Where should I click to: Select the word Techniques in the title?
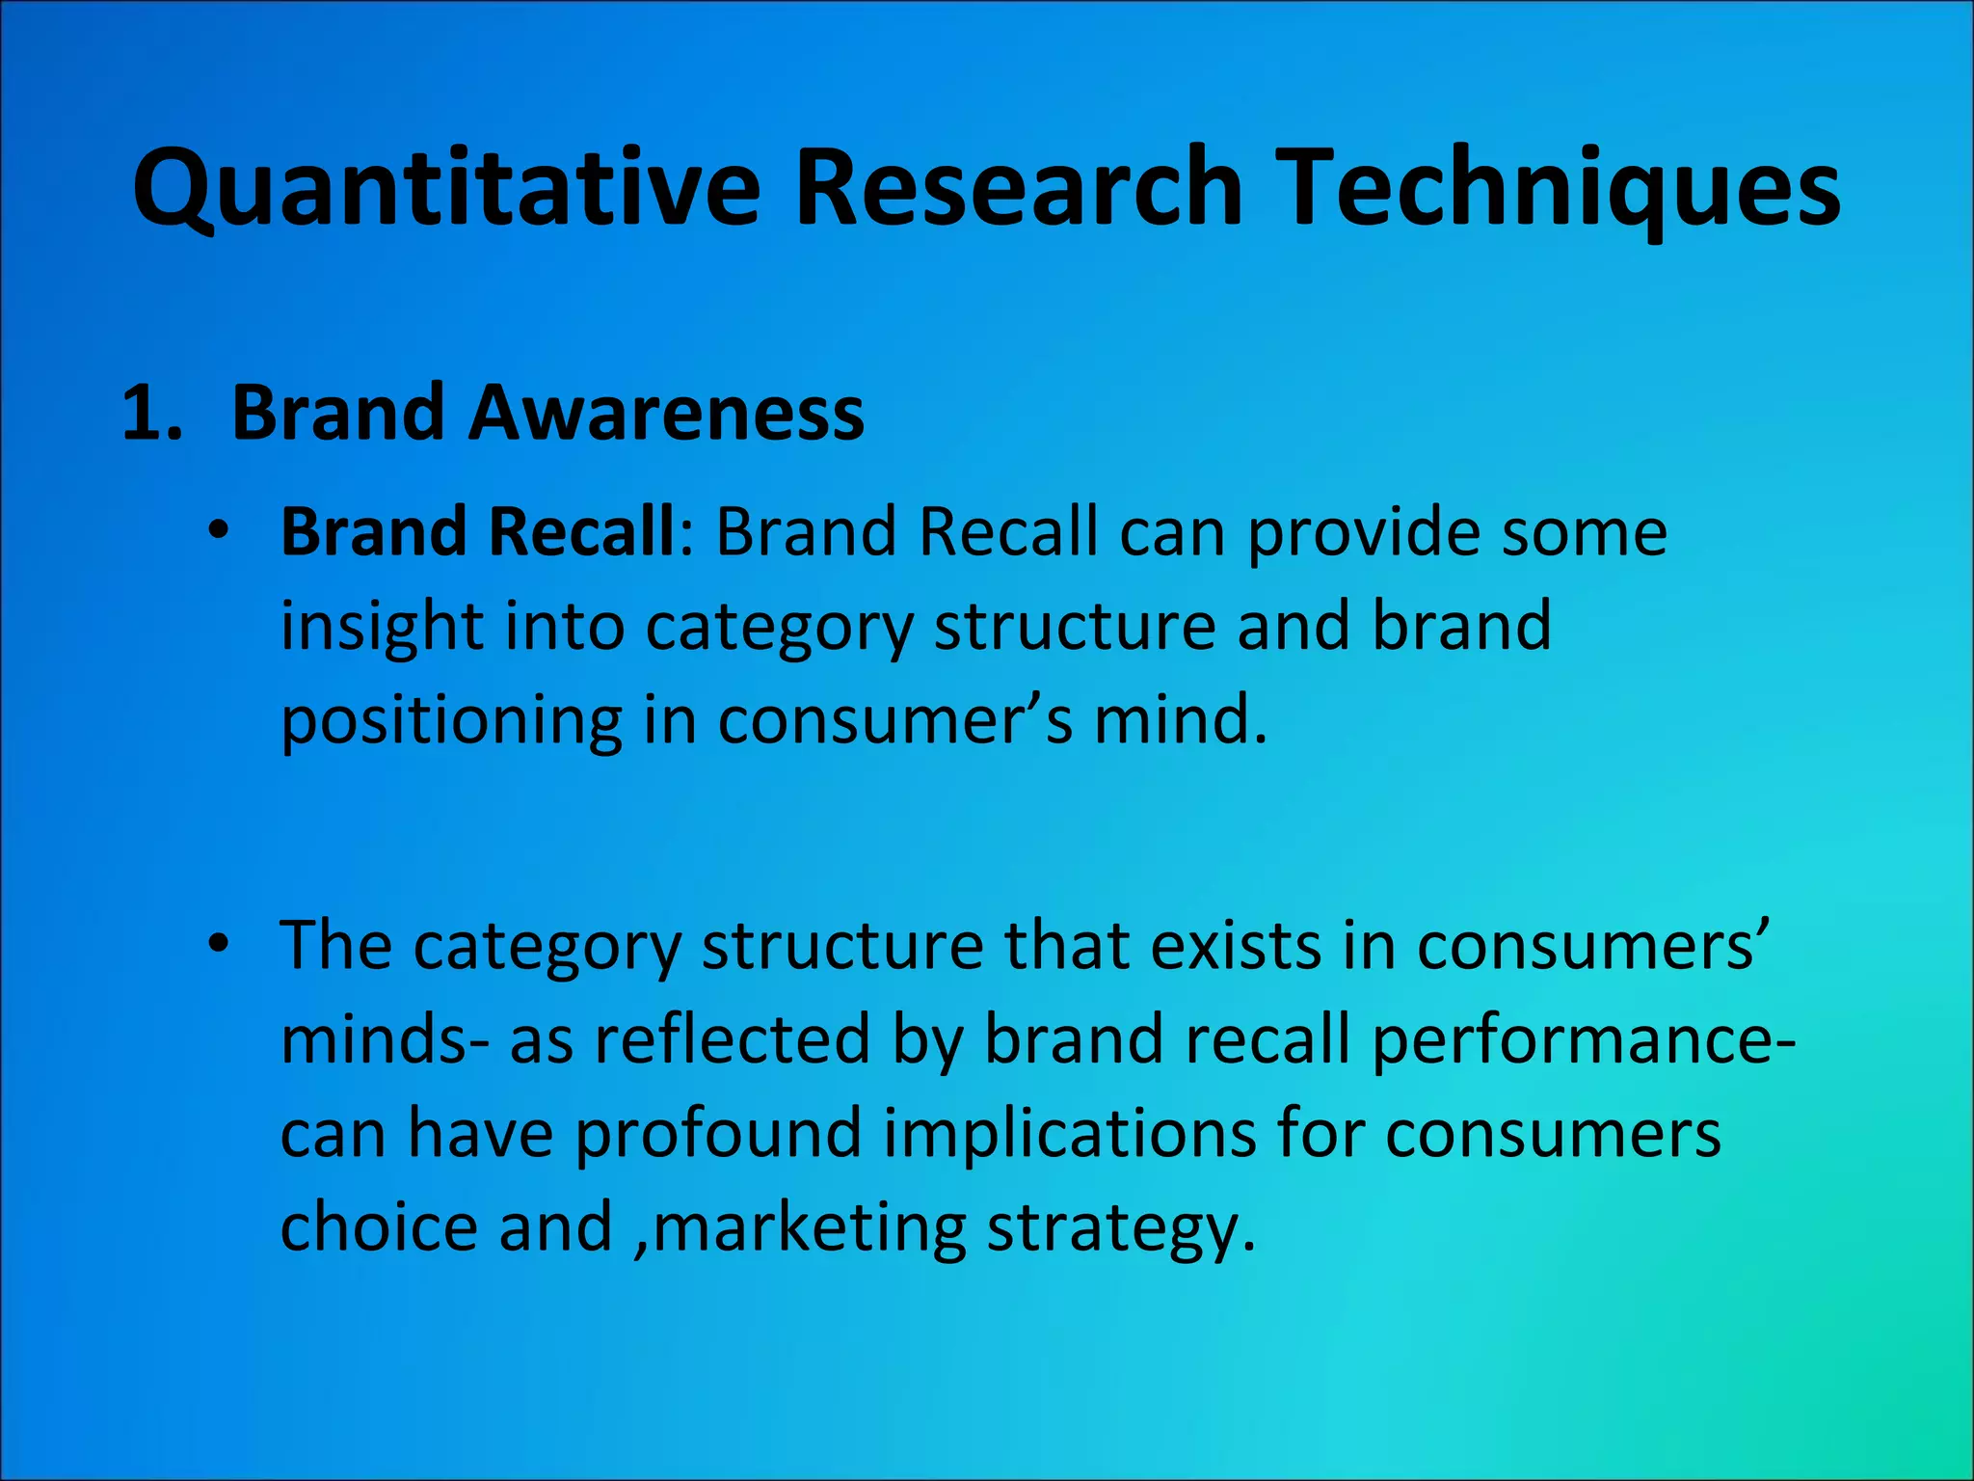[1562, 188]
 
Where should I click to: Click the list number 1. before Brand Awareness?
[152, 414]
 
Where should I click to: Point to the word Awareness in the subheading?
[666, 414]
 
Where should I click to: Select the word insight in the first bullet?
[382, 627]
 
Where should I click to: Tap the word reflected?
[732, 1039]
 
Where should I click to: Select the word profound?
[718, 1133]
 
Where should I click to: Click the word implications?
[1070, 1133]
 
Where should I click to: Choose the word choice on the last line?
[378, 1226]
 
